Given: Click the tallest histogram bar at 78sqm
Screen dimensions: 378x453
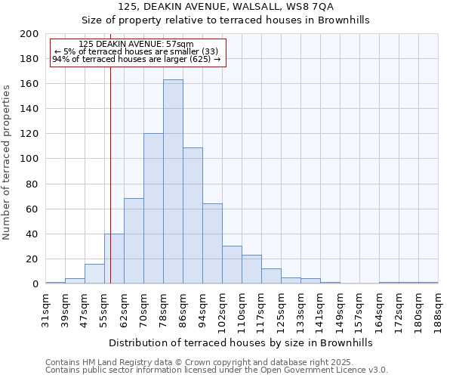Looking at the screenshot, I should coord(173,181).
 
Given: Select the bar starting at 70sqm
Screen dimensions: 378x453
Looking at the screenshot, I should coord(153,209).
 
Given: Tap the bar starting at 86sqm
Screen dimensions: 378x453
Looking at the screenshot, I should coord(193,215).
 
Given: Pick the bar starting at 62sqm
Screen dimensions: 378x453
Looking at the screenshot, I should coord(134,241).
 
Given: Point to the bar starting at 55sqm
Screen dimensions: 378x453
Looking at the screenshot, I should coord(114,259).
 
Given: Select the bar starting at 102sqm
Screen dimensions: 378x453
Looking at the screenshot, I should coord(232,265).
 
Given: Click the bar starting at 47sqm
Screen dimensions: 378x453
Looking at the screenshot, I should coord(94,274).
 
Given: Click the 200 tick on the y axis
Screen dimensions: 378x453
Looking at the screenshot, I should coord(29,34).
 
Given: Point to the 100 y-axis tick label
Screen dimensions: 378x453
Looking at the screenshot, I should coord(29,159).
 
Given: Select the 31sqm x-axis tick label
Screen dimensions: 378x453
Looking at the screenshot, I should coord(46,308).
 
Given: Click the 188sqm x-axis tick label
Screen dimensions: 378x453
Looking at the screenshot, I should coord(439,308).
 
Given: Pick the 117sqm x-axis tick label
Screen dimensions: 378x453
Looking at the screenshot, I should coord(262,308).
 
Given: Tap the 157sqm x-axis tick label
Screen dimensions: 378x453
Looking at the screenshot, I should coord(360,308).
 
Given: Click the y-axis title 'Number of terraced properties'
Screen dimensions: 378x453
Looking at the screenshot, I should coord(8,162).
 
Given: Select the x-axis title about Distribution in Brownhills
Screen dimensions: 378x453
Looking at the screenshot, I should coord(241,342).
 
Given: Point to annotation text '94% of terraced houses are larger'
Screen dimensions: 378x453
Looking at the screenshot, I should coord(137,59).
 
